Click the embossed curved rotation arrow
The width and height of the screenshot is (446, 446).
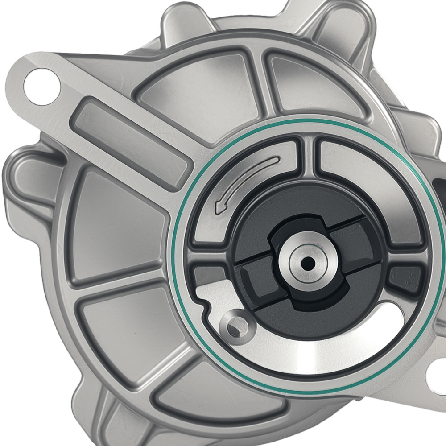click(x=244, y=181)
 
